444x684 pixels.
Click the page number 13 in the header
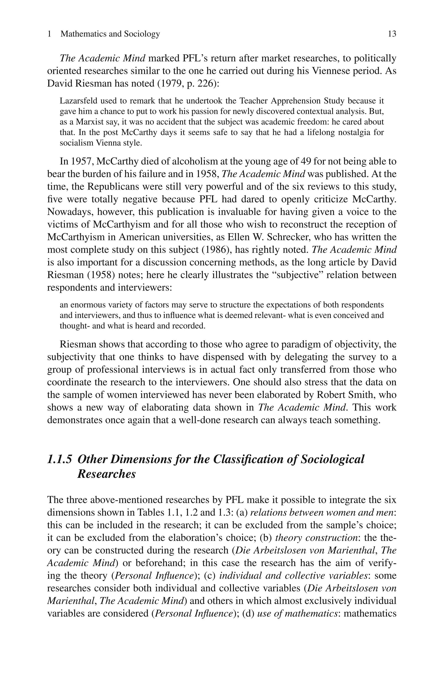[x=392, y=34]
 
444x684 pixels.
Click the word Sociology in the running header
[x=142, y=34]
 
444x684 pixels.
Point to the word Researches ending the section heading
[x=106, y=474]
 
